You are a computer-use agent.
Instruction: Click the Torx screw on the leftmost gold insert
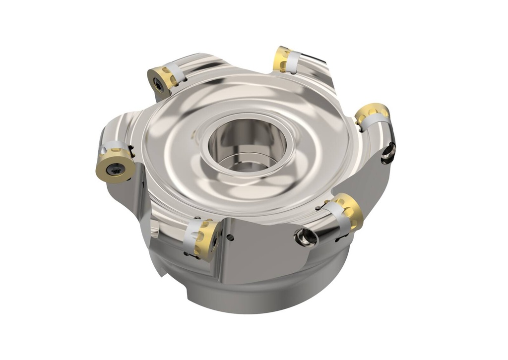click(116, 168)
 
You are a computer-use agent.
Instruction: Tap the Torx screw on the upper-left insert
click(158, 85)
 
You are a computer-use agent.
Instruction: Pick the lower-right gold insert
click(349, 211)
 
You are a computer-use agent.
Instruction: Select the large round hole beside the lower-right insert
click(305, 238)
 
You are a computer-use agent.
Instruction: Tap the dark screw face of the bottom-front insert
click(215, 243)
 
